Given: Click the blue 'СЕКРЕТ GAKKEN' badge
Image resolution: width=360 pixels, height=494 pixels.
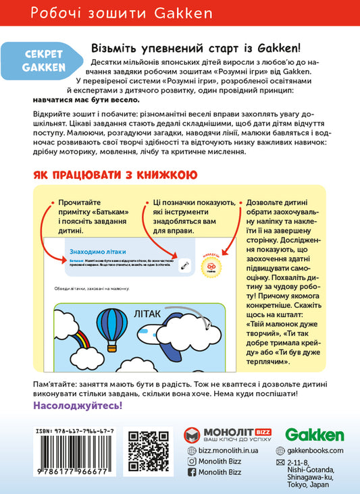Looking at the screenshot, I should [43, 58].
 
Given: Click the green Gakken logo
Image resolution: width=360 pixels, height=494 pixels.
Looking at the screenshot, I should [314, 435].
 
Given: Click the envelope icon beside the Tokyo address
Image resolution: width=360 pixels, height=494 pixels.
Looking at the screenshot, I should [280, 463].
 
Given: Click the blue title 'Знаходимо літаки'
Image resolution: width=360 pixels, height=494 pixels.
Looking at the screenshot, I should [98, 252].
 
